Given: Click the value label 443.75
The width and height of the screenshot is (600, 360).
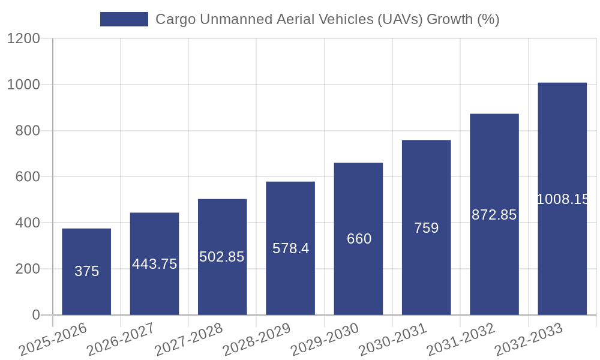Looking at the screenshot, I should tap(154, 264).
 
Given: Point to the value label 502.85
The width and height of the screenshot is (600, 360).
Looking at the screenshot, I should tap(222, 257).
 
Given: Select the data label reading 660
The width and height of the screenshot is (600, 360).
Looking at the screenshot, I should tap(359, 239).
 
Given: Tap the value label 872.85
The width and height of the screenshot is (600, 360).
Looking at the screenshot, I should tap(494, 215).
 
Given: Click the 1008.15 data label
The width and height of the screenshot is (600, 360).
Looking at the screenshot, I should tap(562, 199).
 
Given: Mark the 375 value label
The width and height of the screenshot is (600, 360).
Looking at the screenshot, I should tap(86, 271).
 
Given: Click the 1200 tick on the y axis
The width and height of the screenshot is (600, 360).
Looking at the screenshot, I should tap(23, 39).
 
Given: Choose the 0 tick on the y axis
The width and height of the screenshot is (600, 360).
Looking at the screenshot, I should tap(35, 315).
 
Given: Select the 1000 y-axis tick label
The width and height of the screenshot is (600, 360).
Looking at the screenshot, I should tap(23, 85).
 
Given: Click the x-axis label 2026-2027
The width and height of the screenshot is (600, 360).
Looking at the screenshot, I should tap(120, 340).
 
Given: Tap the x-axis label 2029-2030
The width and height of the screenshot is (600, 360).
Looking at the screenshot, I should tap(324, 340).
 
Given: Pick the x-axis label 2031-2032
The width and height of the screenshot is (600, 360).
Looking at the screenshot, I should tap(460, 340).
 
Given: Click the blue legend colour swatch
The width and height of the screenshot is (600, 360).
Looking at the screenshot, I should tap(124, 19).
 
